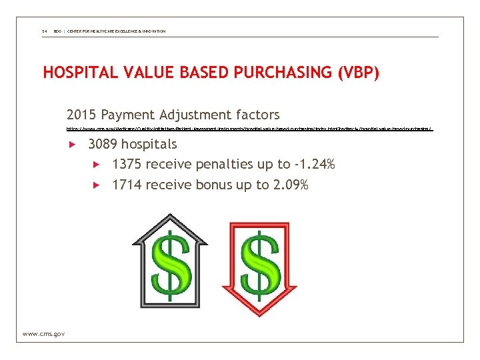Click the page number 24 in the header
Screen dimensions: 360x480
(x=44, y=31)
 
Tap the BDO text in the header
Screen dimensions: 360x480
(x=57, y=31)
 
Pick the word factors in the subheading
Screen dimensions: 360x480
(x=253, y=115)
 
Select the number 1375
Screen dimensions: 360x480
(x=127, y=164)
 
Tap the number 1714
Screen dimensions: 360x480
(x=127, y=184)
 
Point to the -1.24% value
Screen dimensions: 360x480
(x=313, y=164)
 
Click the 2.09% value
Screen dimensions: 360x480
(x=291, y=184)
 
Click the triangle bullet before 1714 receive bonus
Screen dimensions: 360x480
(x=96, y=185)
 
